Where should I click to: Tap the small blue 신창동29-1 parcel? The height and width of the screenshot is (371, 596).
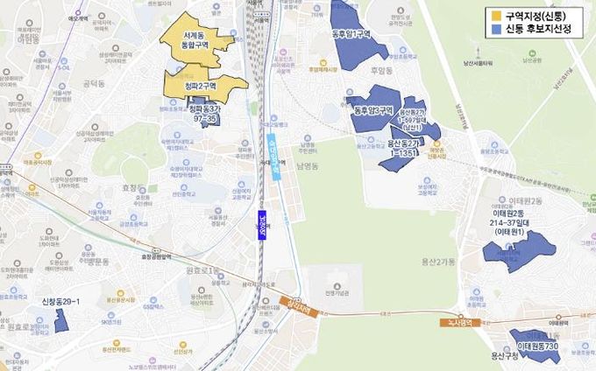(61, 320)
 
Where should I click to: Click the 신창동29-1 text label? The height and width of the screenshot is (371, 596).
(60, 302)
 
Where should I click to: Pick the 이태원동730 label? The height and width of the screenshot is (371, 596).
(536, 347)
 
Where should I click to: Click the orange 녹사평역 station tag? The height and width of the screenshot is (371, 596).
(458, 322)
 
